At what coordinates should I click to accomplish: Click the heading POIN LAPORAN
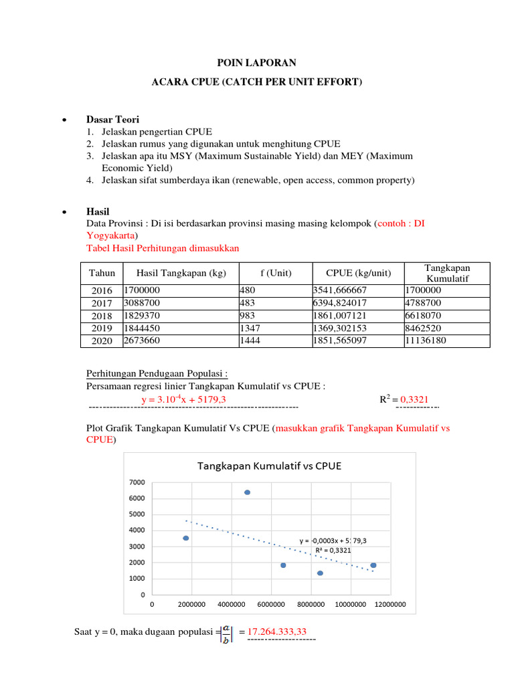coord(256,63)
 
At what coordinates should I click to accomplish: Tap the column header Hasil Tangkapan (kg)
coord(181,273)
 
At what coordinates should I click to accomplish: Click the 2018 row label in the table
coord(102,316)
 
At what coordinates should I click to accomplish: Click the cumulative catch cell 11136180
coord(426,341)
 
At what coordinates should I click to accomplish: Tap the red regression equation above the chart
coord(183,399)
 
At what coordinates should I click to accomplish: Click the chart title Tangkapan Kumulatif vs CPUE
coord(268,466)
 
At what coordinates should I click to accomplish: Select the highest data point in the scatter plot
coord(247,492)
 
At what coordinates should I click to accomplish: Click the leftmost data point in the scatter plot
coord(185,538)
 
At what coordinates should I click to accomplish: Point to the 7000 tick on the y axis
coord(137,482)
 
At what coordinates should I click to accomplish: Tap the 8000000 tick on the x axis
coord(311,605)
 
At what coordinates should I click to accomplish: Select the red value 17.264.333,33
coord(278,632)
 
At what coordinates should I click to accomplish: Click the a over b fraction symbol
coord(226,632)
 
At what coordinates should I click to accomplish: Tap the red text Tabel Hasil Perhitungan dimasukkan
coord(163,248)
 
